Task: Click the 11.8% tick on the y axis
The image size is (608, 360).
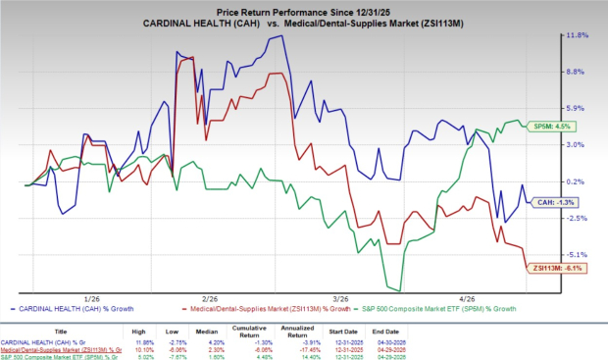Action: click(x=576, y=35)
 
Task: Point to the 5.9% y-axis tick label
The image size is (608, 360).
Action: click(x=576, y=108)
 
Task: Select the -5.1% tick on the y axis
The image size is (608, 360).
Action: click(x=576, y=254)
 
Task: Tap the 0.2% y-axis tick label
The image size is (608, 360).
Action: click(x=576, y=181)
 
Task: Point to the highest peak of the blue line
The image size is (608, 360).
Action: click(x=282, y=36)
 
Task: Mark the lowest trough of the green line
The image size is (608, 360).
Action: click(x=395, y=289)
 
